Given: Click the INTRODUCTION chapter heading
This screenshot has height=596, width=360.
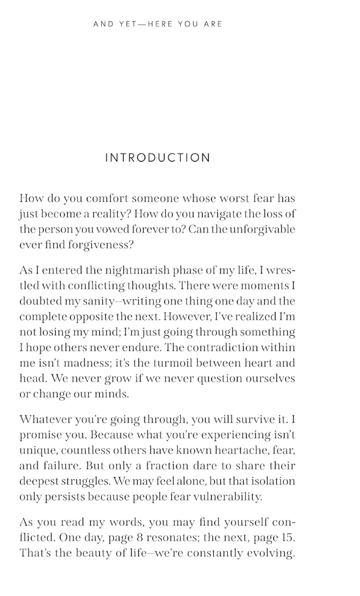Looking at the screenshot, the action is [x=158, y=158].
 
